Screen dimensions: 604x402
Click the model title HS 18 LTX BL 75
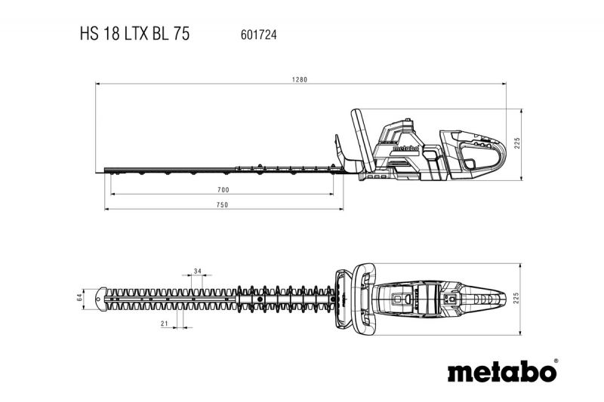(x=135, y=34)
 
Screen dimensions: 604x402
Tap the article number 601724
(x=258, y=35)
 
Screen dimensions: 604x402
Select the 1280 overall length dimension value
(x=299, y=80)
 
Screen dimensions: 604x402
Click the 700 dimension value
(x=223, y=189)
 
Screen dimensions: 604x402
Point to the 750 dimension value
(x=222, y=205)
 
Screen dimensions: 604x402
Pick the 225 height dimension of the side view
(x=517, y=143)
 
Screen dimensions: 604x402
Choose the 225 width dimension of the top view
(x=516, y=299)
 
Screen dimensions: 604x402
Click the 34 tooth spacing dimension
(x=198, y=272)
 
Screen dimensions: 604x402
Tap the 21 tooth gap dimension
(x=165, y=324)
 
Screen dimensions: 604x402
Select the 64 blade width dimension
(x=80, y=297)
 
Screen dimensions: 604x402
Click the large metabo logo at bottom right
(x=502, y=372)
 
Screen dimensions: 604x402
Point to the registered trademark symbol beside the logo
(x=556, y=361)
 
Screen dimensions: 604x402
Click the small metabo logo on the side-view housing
(x=405, y=148)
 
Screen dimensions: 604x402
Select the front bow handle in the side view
(x=362, y=140)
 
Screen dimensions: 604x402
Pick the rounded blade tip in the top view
(x=101, y=299)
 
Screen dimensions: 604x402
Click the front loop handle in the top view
(x=364, y=299)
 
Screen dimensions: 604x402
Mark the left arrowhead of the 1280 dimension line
(x=98, y=83)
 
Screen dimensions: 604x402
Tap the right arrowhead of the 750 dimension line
(x=341, y=209)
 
